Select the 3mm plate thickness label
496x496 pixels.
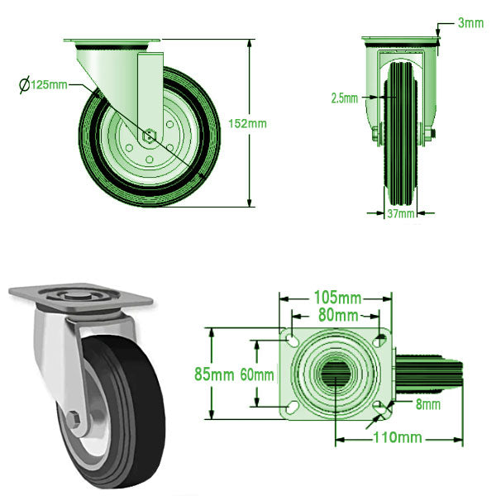(470, 23)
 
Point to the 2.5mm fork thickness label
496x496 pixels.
(344, 98)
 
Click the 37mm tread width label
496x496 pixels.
(401, 214)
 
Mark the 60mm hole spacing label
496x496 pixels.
(257, 374)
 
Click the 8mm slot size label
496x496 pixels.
(427, 404)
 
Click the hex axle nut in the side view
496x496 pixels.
(150, 135)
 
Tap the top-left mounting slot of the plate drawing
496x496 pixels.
(293, 340)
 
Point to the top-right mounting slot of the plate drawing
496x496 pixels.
(379, 340)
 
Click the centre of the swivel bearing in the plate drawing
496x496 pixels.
(336, 373)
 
